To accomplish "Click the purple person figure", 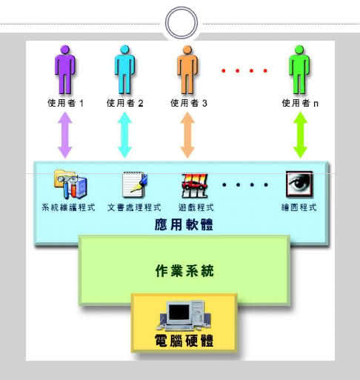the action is pos(65,70).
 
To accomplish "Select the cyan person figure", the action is pos(124,70).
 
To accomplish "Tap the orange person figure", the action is pos(187,70).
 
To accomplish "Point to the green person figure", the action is pos(299,70).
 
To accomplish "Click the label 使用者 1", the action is pos(65,103).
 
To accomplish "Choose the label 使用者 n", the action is pos(300,103).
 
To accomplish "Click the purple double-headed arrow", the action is pos(65,135).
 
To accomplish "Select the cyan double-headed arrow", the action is pos(124,135).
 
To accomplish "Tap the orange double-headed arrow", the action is pos(187,135).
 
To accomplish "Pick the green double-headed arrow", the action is pos(300,135).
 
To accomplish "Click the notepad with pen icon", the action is pos(135,184).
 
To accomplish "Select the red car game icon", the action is pos(195,185).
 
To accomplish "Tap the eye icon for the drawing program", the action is pos(299,184).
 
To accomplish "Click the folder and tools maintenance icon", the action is pos(70,184).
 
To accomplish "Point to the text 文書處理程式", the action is pos(134,207).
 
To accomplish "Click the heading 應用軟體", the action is pos(184,224).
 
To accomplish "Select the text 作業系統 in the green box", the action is pos(184,270).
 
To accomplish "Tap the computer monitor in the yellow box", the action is pos(179,314).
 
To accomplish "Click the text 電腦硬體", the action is pos(184,341).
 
